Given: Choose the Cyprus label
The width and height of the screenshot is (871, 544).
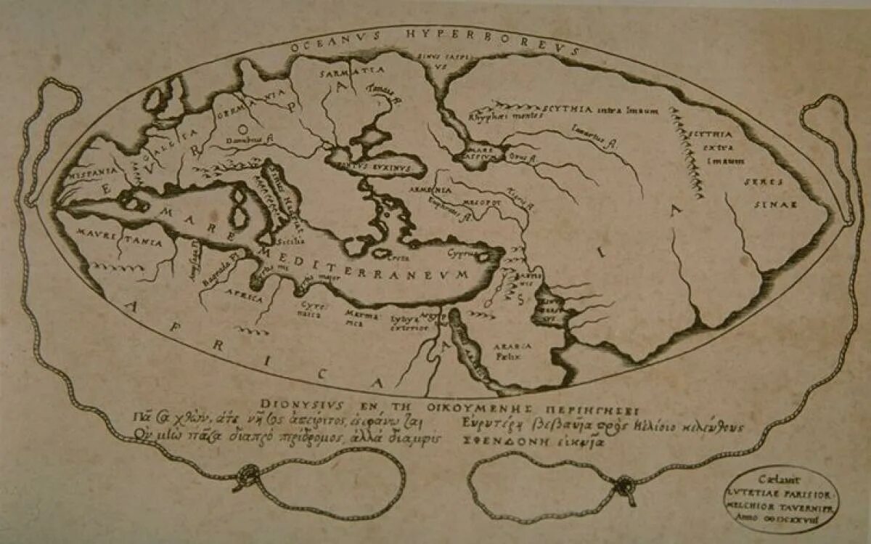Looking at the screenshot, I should pyautogui.click(x=465, y=255).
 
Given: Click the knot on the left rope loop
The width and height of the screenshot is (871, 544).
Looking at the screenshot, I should pyautogui.click(x=247, y=478).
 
